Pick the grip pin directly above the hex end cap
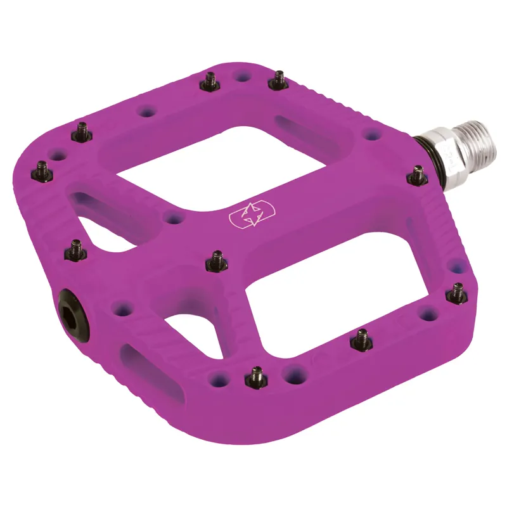[x=76, y=250]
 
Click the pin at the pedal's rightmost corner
[x=456, y=292]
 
